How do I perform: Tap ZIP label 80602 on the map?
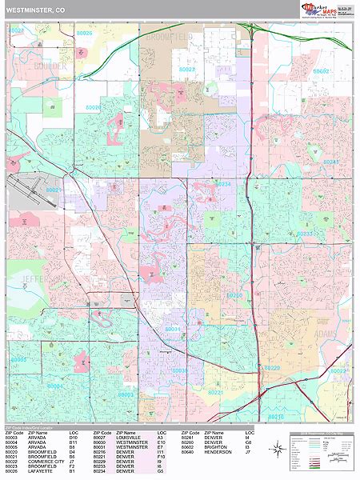click(x=322, y=70)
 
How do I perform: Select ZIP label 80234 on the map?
click(x=222, y=184)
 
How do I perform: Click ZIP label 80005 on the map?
click(x=19, y=359)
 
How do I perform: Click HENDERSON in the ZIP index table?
click(x=218, y=452)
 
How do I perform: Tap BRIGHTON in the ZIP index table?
click(x=216, y=447)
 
